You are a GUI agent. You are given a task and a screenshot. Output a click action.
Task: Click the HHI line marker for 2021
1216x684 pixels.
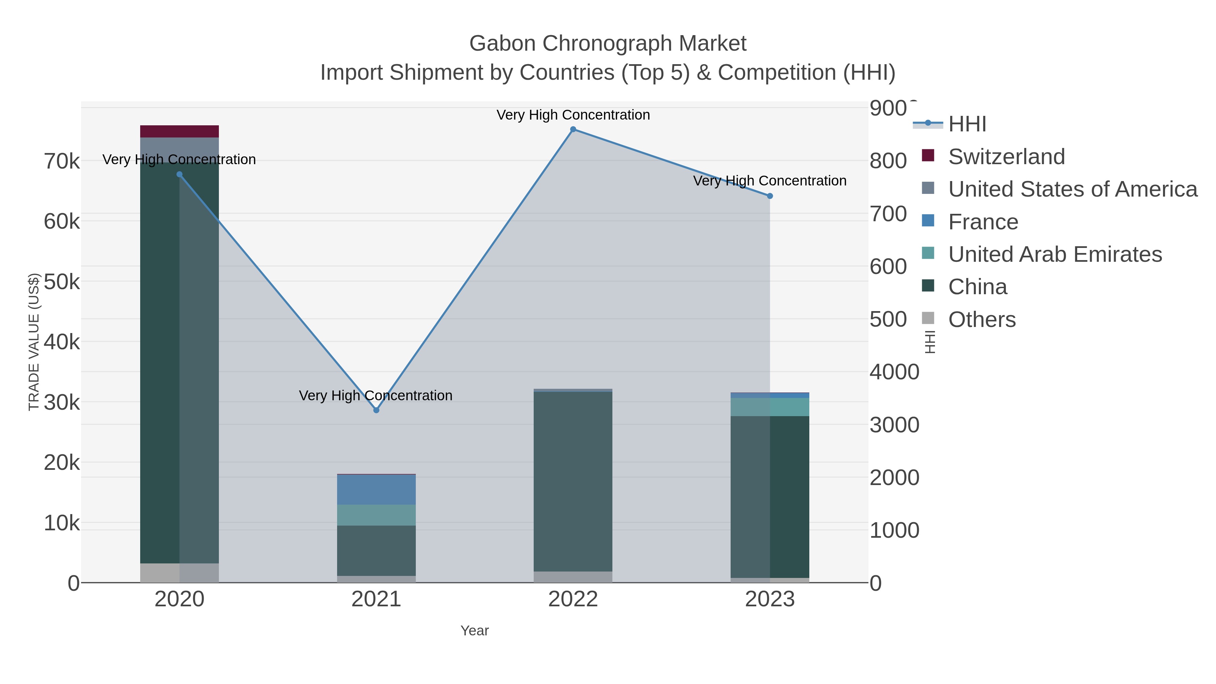[x=376, y=410]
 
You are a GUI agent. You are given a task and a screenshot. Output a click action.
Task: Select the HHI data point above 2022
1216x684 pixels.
[x=573, y=129]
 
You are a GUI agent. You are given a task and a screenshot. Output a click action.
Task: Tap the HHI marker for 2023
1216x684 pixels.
[x=770, y=196]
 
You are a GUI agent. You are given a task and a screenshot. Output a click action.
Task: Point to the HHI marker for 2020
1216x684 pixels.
[x=179, y=174]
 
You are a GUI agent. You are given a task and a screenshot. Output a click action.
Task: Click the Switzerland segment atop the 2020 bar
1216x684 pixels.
[x=179, y=131]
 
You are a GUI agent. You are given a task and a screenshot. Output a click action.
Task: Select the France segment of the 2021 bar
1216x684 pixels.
[x=376, y=489]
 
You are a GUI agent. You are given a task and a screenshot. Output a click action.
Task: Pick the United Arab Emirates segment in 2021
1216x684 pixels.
[x=376, y=515]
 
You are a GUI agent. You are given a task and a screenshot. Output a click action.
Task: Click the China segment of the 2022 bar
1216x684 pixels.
[x=573, y=481]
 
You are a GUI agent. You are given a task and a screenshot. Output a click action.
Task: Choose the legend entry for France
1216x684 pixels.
[x=983, y=222]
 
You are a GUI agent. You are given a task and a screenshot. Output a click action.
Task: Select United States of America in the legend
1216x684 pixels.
[x=1072, y=189]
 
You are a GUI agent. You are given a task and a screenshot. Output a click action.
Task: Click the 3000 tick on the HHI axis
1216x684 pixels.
[x=894, y=425]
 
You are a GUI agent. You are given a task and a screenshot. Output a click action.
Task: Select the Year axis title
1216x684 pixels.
[x=475, y=631]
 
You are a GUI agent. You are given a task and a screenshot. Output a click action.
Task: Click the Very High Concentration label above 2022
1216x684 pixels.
[x=573, y=115]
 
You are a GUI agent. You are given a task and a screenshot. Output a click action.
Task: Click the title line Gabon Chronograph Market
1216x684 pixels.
[x=608, y=44]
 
